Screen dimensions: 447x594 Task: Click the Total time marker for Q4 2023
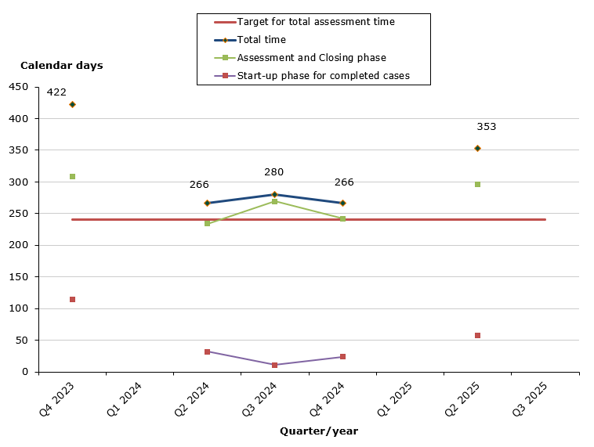[x=72, y=104]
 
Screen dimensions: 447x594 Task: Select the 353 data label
[x=487, y=127]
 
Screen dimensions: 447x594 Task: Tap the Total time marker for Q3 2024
[x=274, y=194]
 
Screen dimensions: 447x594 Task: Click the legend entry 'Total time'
[x=262, y=40]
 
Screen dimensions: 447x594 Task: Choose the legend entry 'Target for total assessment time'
[x=316, y=22]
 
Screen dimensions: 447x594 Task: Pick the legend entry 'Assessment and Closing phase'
[x=311, y=58]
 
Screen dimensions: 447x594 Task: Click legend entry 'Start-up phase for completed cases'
[x=323, y=76]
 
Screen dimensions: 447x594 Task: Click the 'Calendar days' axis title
[x=62, y=66]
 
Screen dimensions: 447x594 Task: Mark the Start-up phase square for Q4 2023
[x=72, y=299]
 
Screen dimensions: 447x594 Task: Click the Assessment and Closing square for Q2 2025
[x=477, y=185]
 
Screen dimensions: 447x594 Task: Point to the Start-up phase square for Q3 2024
[x=274, y=365]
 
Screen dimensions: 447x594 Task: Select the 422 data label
[x=56, y=92]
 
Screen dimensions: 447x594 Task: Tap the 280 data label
[x=273, y=172]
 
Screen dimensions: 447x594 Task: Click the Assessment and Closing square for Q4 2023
[x=72, y=176]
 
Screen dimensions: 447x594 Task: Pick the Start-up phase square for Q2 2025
[x=477, y=335]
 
